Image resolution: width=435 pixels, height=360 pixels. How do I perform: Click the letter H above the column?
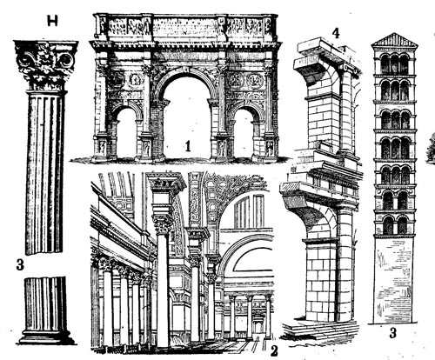[52, 21]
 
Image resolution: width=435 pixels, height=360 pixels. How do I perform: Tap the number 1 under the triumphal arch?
[188, 146]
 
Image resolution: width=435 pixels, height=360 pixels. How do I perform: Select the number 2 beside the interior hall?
[274, 350]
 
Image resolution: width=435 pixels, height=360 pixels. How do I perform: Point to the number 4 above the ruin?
[335, 34]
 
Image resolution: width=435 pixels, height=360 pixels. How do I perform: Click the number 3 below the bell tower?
[392, 333]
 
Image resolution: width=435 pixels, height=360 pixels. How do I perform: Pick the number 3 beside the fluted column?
[20, 264]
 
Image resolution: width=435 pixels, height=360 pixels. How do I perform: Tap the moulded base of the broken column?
[46, 337]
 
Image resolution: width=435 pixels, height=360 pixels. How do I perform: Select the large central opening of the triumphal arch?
[188, 116]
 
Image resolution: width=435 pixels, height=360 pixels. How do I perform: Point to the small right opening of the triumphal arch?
[244, 134]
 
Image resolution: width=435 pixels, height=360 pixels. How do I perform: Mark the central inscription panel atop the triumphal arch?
[184, 27]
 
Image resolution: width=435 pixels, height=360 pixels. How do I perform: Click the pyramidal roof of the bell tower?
[394, 41]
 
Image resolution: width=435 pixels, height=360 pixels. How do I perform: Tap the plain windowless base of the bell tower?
[394, 280]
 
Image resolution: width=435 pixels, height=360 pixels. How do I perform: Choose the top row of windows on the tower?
[394, 63]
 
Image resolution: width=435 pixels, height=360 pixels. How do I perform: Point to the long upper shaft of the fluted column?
[46, 172]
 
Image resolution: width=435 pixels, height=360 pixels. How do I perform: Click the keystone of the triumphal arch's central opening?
[186, 70]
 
